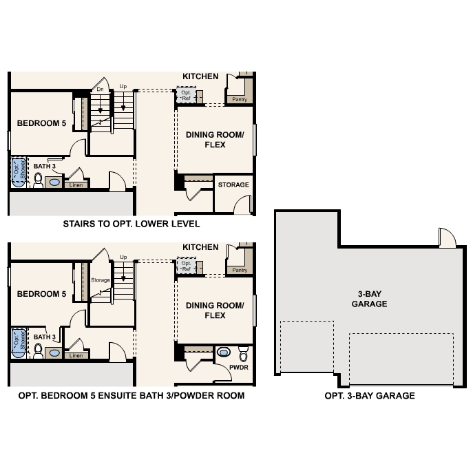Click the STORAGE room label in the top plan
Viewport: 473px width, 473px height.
[233, 185]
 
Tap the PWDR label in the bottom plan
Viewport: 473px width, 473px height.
[240, 367]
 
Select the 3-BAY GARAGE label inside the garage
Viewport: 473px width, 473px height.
[369, 299]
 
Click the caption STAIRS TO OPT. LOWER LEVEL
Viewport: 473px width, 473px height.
[132, 224]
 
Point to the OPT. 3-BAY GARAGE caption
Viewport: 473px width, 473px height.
[370, 396]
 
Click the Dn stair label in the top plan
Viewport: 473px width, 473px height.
[100, 90]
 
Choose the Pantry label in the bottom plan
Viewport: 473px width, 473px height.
[240, 271]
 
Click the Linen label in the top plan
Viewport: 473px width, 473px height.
[76, 185]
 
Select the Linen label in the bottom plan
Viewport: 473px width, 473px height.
[76, 355]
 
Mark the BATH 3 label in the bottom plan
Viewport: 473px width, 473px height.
[44, 337]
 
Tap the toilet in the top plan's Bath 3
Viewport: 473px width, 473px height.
[39, 182]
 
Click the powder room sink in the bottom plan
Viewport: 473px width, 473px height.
[223, 353]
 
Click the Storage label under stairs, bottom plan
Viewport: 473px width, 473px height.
[101, 280]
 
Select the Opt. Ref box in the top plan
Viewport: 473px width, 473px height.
[187, 95]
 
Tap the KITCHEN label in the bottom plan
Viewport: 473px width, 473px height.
[200, 247]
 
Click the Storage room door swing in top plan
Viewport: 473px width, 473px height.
[242, 205]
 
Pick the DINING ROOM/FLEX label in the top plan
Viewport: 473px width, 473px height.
[215, 140]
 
